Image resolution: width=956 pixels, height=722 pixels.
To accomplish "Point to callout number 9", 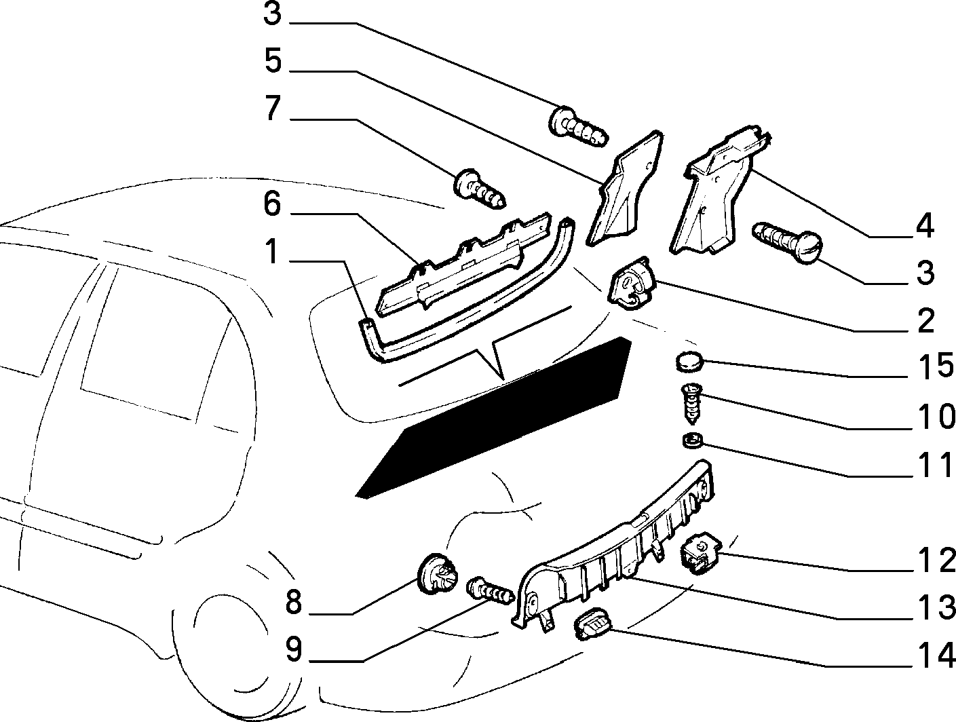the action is point(293,649).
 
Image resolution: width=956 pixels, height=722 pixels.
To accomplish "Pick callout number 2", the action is point(926,321).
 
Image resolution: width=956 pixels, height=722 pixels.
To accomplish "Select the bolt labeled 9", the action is point(489,591).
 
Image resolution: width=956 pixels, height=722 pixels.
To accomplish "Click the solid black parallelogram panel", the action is point(493,417).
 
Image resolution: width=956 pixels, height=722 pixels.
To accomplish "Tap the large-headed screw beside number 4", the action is point(786,242).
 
